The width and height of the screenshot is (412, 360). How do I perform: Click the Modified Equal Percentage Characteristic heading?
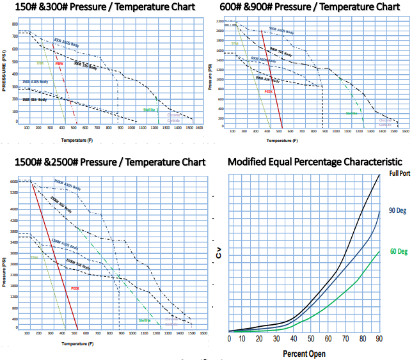pos(315,162)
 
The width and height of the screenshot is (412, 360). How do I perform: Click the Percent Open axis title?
pos(305,354)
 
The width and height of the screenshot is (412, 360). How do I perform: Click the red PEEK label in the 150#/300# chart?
pos(59,64)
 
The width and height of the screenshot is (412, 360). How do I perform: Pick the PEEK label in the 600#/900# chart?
pos(269,91)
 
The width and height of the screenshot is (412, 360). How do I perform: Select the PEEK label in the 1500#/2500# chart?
pos(75,270)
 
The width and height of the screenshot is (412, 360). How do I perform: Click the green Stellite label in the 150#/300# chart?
pos(150,110)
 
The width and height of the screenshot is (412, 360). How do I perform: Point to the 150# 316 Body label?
pos(35,100)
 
